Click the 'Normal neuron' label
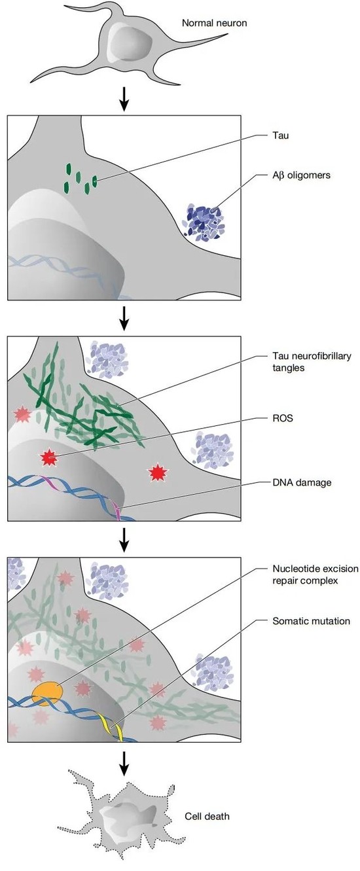tap(214, 23)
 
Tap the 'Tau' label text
tap(280, 135)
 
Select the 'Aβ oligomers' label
tap(301, 175)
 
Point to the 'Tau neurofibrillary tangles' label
tap(312, 362)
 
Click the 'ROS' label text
tap(283, 418)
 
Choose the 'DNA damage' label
tap(302, 482)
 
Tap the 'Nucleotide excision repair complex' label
tap(315, 575)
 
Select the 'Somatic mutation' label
tap(311, 620)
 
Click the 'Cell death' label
tap(207, 816)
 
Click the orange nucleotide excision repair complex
tap(47, 693)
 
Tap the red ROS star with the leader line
tap(49, 457)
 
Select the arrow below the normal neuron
tap(124, 99)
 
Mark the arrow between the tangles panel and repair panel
tap(124, 540)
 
